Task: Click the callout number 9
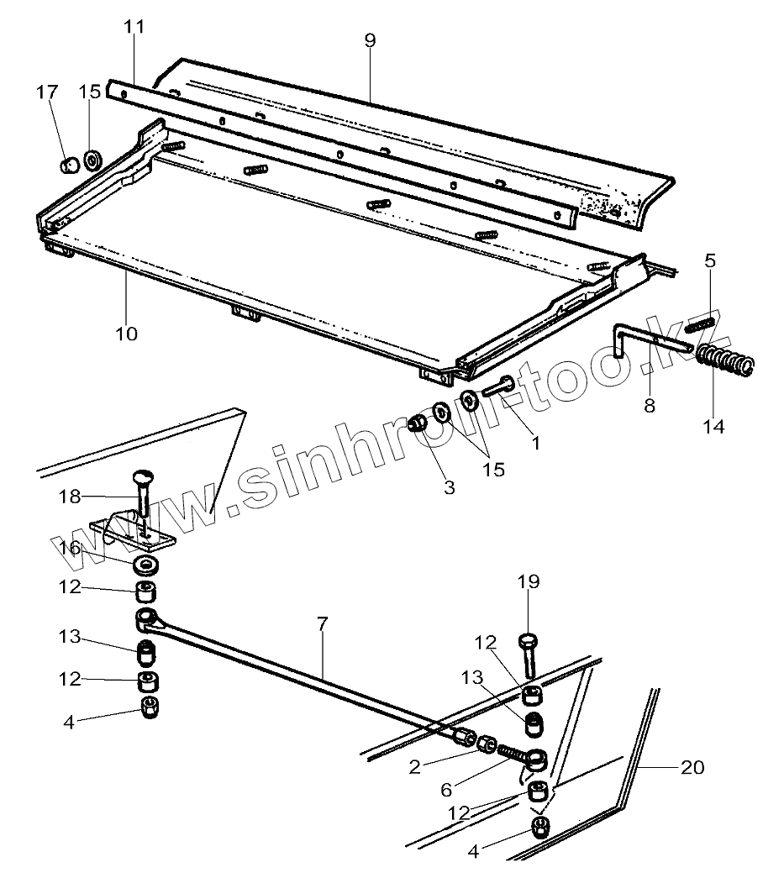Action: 371,39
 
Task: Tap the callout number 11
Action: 134,27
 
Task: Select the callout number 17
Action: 48,91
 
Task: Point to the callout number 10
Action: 126,333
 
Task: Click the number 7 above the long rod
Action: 324,624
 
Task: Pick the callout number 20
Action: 693,767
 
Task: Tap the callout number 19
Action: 529,581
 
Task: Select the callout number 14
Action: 713,426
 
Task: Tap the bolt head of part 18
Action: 141,480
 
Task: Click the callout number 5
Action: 710,261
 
